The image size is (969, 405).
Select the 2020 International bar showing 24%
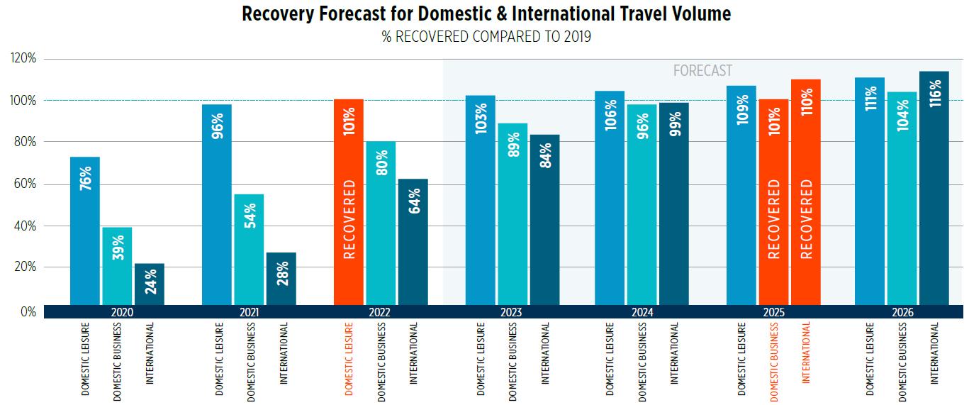coord(150,284)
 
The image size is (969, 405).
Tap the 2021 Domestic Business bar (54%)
coord(249,249)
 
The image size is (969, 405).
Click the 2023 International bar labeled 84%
coord(544,220)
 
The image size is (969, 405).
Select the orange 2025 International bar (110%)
coord(806,192)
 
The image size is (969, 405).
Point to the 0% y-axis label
coord(28,312)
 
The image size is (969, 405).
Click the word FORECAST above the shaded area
coord(702,71)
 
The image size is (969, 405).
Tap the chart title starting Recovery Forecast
coord(486,14)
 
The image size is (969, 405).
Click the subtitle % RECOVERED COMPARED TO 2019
coord(486,37)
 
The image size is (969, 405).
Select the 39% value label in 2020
coord(118,248)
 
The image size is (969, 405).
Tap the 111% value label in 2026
coord(870,97)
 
